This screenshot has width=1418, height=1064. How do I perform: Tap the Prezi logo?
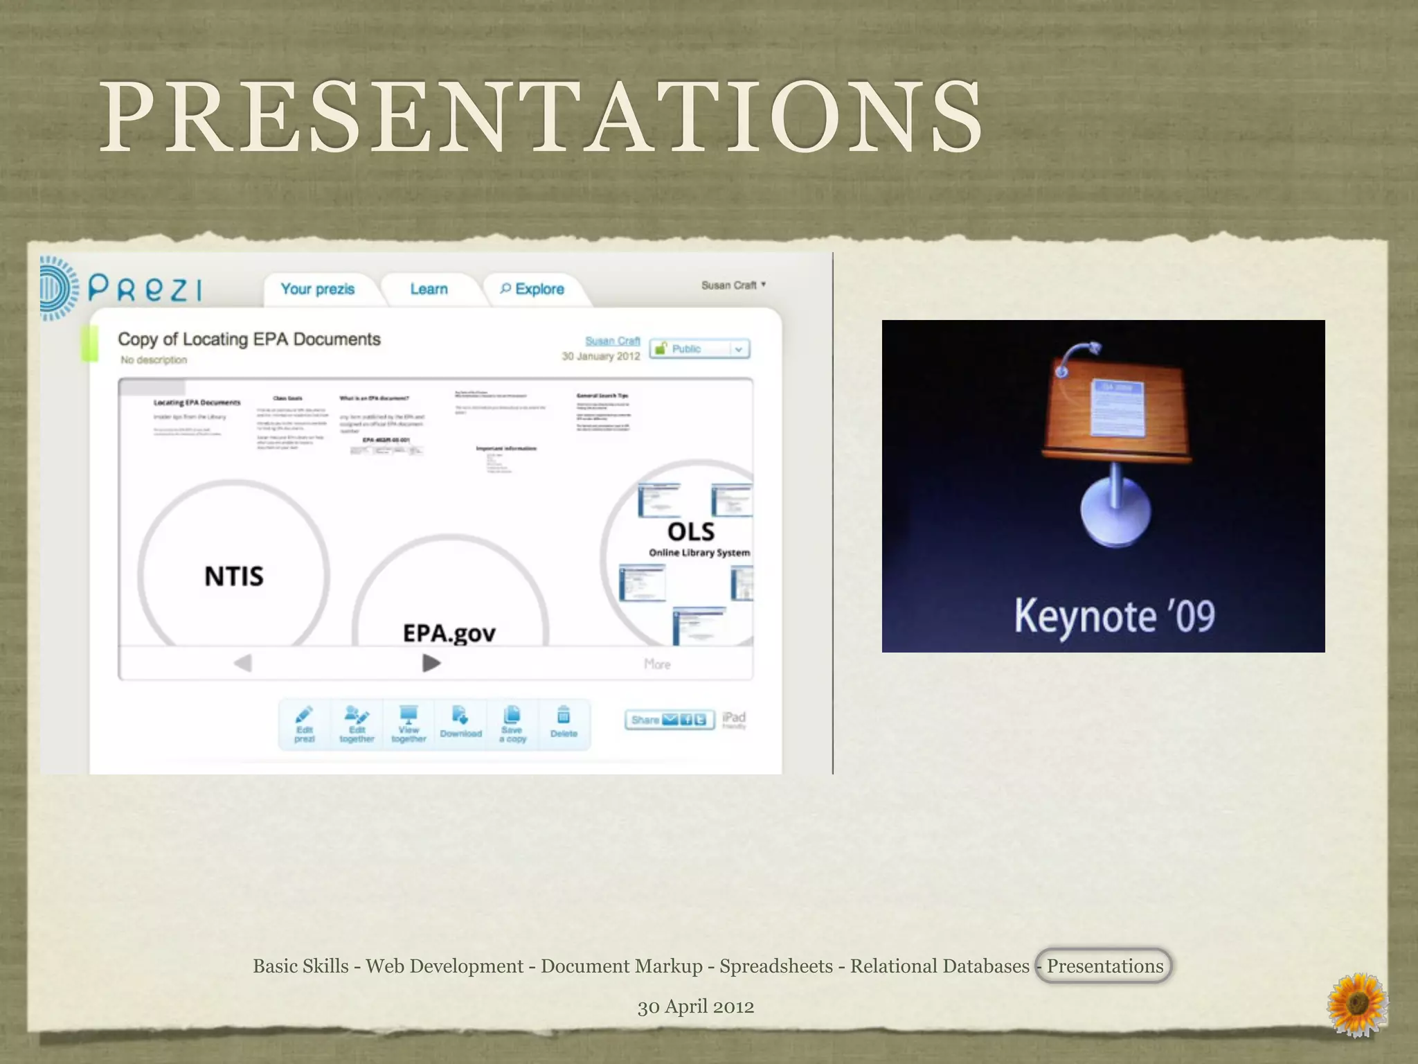121,288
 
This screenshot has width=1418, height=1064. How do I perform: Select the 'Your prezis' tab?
318,289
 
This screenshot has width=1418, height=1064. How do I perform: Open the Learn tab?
429,289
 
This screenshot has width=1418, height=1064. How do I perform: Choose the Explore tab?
532,289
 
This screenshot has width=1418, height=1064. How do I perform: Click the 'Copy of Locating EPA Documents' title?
249,339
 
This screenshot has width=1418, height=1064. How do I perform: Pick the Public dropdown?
700,348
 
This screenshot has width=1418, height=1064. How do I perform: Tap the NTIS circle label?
234,576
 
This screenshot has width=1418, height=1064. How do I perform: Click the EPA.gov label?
449,632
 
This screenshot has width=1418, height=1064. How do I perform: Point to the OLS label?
691,532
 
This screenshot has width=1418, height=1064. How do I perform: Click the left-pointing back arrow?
242,663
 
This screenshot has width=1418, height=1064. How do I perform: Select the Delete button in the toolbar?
564,722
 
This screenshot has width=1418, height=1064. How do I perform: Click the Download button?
460,722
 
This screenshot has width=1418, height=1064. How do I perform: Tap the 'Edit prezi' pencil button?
304,724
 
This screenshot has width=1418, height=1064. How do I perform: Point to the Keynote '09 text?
1114,616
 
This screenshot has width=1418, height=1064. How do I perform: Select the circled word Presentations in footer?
1104,966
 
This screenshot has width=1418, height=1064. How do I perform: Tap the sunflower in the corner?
1356,1004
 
